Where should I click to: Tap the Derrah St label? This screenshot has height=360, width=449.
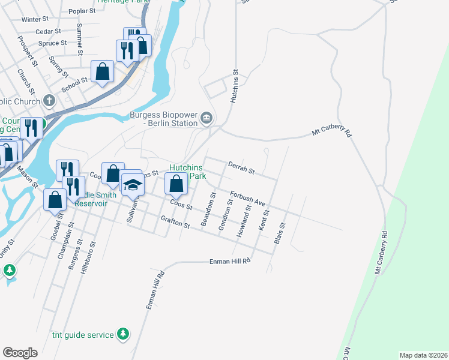[242, 168]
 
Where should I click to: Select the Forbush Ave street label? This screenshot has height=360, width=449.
[248, 199]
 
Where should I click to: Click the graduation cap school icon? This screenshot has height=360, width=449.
[133, 184]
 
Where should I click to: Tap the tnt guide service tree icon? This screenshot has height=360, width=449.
[122, 333]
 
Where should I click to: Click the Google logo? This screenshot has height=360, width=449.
[20, 353]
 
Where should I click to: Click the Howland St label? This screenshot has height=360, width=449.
[244, 221]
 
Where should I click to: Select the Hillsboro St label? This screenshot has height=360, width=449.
[91, 257]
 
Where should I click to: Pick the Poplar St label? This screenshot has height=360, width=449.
[83, 11]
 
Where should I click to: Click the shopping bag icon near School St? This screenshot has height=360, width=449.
[103, 71]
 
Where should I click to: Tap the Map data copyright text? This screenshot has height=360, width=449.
[423, 355]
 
